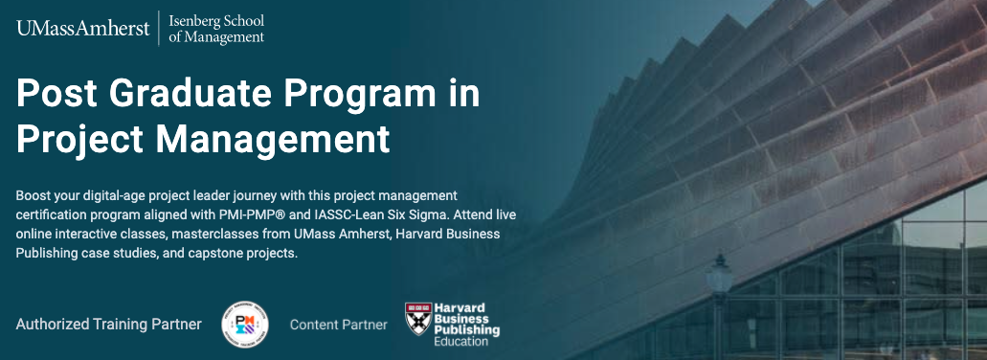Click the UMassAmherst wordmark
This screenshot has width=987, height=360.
82,29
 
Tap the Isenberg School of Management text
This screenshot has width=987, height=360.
215,29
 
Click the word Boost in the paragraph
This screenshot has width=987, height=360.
34,195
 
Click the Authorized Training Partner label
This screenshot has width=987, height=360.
108,325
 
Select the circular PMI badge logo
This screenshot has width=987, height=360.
244,325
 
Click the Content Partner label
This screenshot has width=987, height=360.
339,325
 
